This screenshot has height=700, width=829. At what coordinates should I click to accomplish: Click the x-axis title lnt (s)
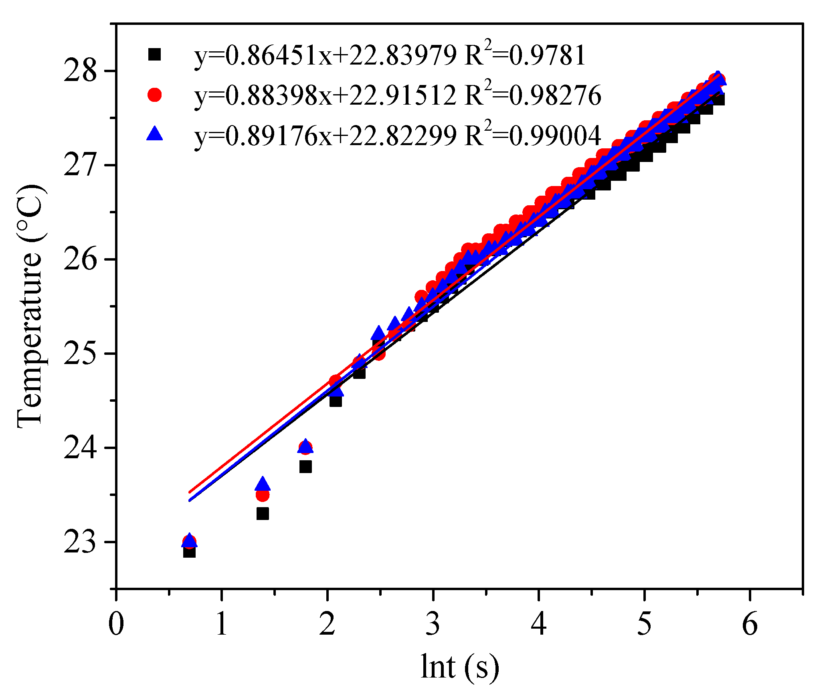[460, 667]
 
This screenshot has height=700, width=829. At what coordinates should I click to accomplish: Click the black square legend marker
[154, 55]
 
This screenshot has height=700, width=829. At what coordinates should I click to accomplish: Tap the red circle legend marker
[154, 95]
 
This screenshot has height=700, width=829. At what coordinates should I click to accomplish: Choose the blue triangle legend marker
[154, 133]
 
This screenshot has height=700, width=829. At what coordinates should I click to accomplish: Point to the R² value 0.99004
[555, 136]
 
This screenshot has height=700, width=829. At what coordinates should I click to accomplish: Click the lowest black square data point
[189, 552]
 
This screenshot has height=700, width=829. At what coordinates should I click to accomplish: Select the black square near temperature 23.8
[305, 467]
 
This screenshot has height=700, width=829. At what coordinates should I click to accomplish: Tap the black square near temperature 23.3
[263, 514]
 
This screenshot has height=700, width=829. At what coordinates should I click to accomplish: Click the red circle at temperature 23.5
[263, 496]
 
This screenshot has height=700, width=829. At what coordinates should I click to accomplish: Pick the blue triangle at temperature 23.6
[263, 484]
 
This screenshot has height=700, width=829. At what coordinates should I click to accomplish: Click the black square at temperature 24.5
[336, 401]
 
